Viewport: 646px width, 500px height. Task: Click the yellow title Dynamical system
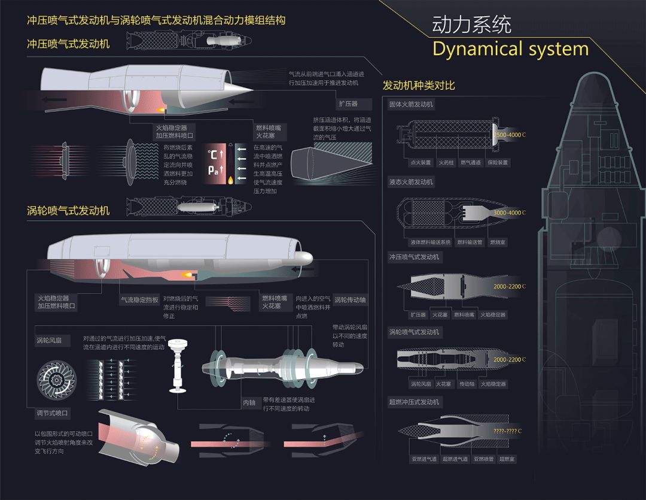coord(510,49)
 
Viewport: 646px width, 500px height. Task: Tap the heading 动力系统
coord(472,25)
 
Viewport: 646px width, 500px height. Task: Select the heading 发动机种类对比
coord(419,85)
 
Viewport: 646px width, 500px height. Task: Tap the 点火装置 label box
coord(420,162)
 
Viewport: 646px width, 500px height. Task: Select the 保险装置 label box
coord(497,162)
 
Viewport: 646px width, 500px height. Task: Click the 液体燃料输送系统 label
coord(429,243)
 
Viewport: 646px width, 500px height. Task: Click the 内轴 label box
coord(249,403)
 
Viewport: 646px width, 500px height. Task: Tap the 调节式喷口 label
coord(53,413)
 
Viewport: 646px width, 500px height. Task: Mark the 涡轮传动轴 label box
coord(350,300)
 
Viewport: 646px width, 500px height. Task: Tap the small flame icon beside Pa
coord(230,179)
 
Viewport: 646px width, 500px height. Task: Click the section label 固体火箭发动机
coord(411,104)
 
